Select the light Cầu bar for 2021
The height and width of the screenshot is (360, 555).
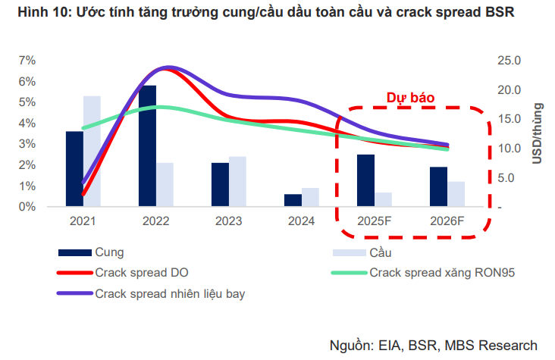[x=92, y=151]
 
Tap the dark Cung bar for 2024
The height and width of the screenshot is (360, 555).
[x=293, y=200]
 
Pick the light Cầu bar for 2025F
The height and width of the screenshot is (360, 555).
[x=383, y=199]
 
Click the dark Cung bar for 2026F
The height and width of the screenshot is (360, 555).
[x=438, y=186]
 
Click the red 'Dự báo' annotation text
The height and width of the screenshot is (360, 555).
[x=409, y=97]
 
